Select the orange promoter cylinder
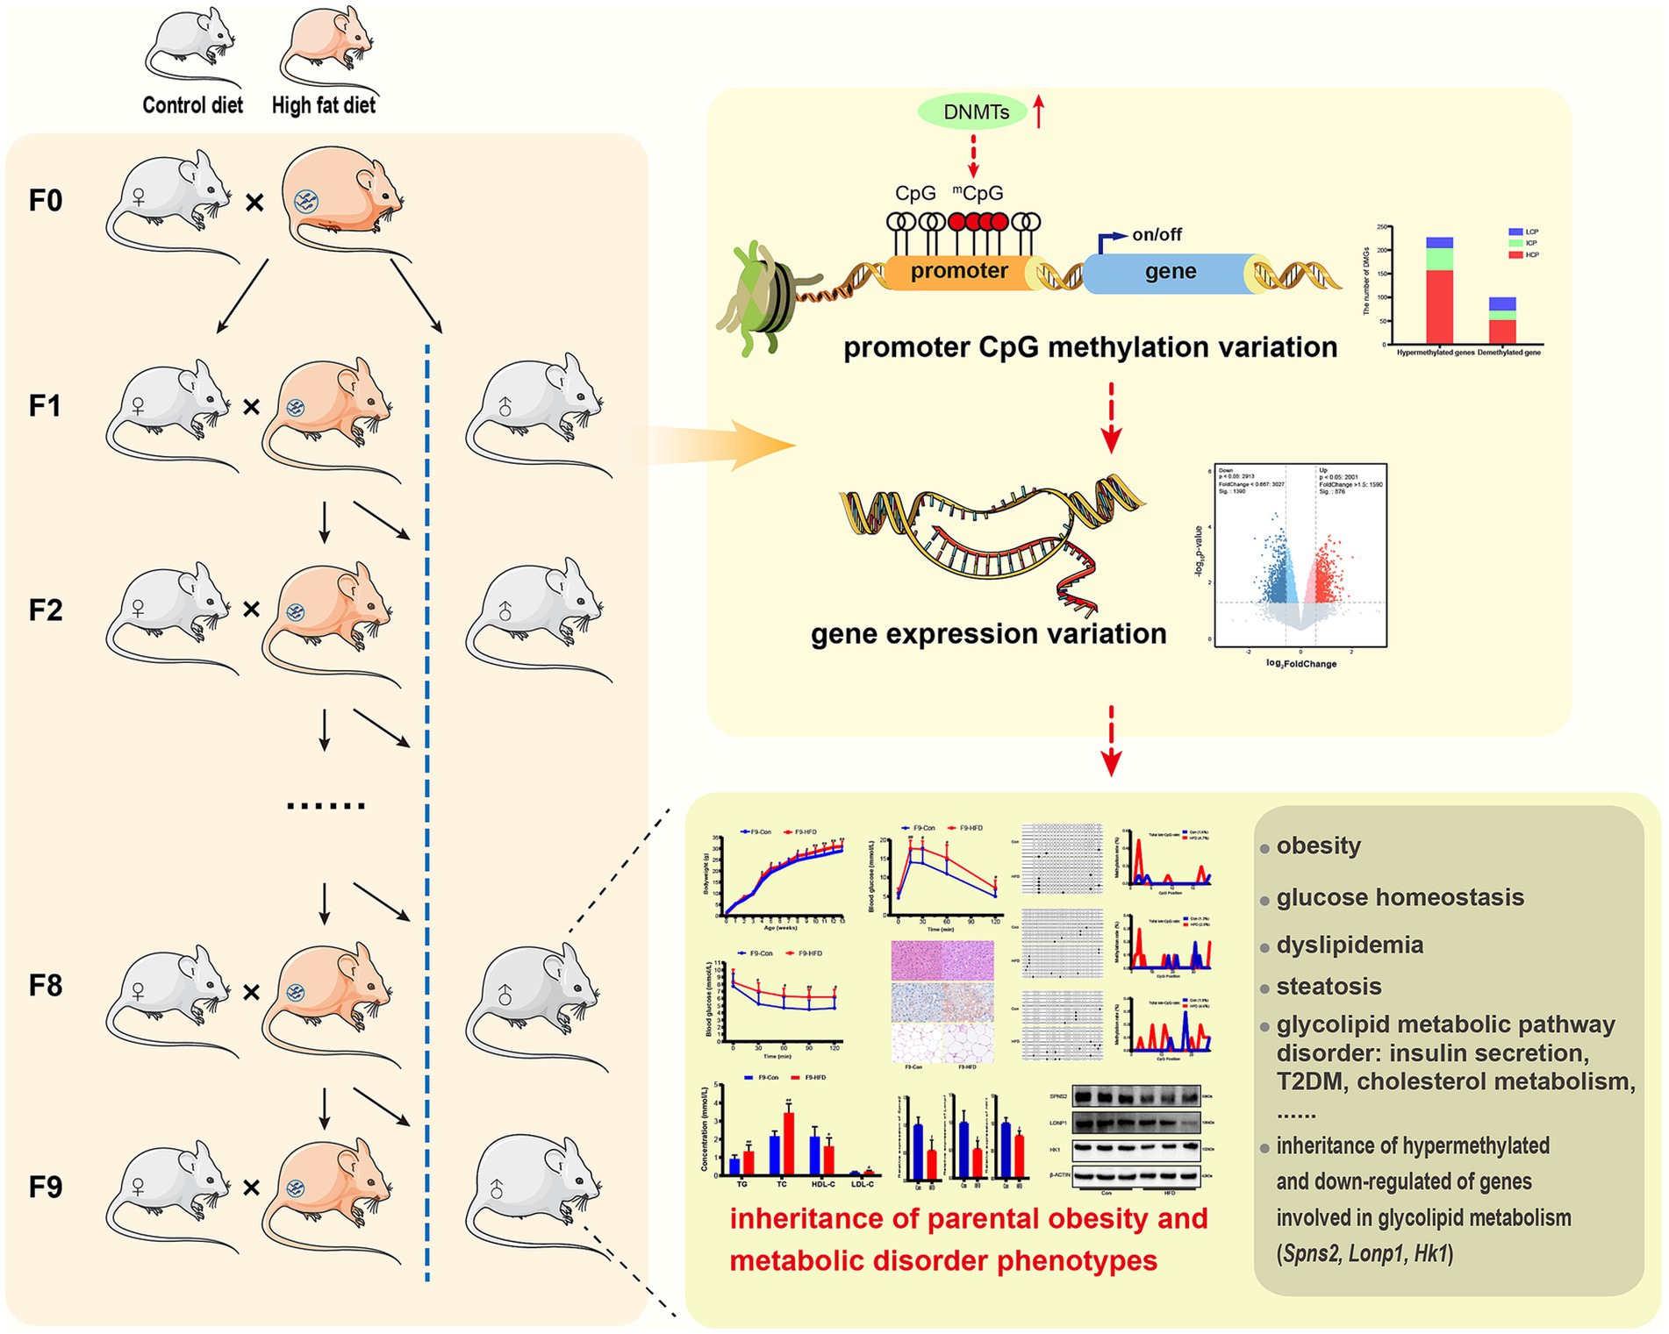click(x=958, y=271)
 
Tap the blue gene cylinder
click(x=1170, y=272)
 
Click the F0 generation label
click(x=45, y=201)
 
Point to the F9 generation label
click(x=45, y=1187)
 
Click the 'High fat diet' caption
click(x=323, y=105)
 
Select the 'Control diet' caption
click(x=192, y=105)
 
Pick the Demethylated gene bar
click(x=1502, y=321)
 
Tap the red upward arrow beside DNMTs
click(x=1039, y=111)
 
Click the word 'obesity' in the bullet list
click(x=1318, y=845)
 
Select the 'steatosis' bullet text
click(x=1328, y=986)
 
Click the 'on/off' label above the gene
click(x=1156, y=234)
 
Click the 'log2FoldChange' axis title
click(x=1300, y=664)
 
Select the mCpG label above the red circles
click(x=978, y=193)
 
